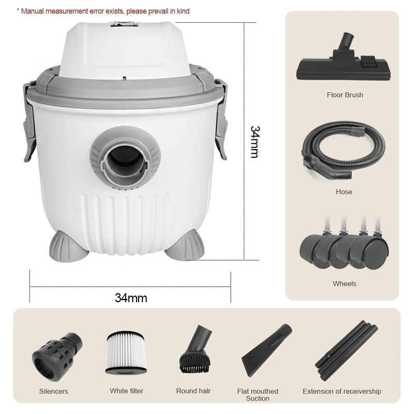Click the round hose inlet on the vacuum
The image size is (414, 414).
pyautogui.click(x=125, y=157)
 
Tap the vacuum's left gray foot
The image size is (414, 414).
pyautogui.click(x=68, y=246)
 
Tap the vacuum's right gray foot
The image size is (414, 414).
pyautogui.click(x=185, y=247)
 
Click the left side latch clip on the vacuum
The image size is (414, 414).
pyautogui.click(x=30, y=122)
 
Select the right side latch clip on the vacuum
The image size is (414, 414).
pyautogui.click(x=221, y=120)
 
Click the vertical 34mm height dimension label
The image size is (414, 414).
pyautogui.click(x=255, y=142)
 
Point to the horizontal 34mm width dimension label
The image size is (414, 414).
pyautogui.click(x=131, y=298)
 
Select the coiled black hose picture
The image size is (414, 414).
pyautogui.click(x=343, y=151)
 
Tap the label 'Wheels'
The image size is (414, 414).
pyautogui.click(x=344, y=284)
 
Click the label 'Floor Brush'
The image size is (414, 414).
pyautogui.click(x=345, y=95)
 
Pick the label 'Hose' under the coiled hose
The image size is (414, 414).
pyautogui.click(x=344, y=191)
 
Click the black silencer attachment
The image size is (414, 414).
pyautogui.click(x=57, y=356)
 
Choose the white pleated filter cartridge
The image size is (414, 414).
pyautogui.click(x=126, y=352)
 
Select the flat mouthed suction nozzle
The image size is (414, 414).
pyautogui.click(x=267, y=350)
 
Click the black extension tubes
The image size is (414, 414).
pyautogui.click(x=346, y=351)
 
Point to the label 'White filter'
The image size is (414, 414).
pyautogui.click(x=126, y=391)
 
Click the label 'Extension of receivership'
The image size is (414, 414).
pyautogui.click(x=342, y=391)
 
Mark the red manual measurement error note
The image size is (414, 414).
pyautogui.click(x=103, y=11)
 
